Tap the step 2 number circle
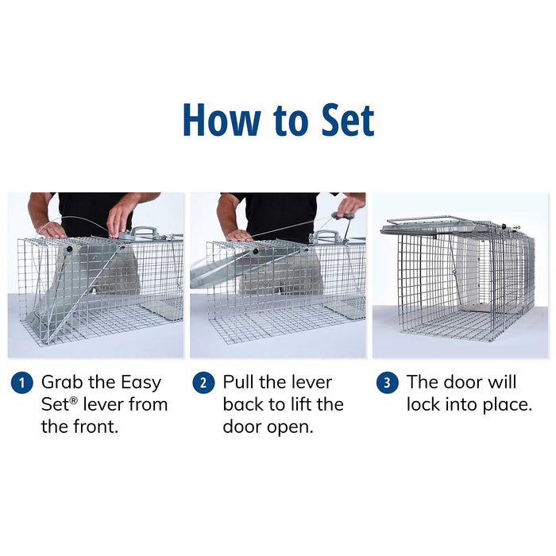pyautogui.click(x=203, y=382)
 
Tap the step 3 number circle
pyautogui.click(x=386, y=382)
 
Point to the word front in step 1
pyautogui.click(x=95, y=427)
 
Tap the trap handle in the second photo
pyautogui.click(x=326, y=236)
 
